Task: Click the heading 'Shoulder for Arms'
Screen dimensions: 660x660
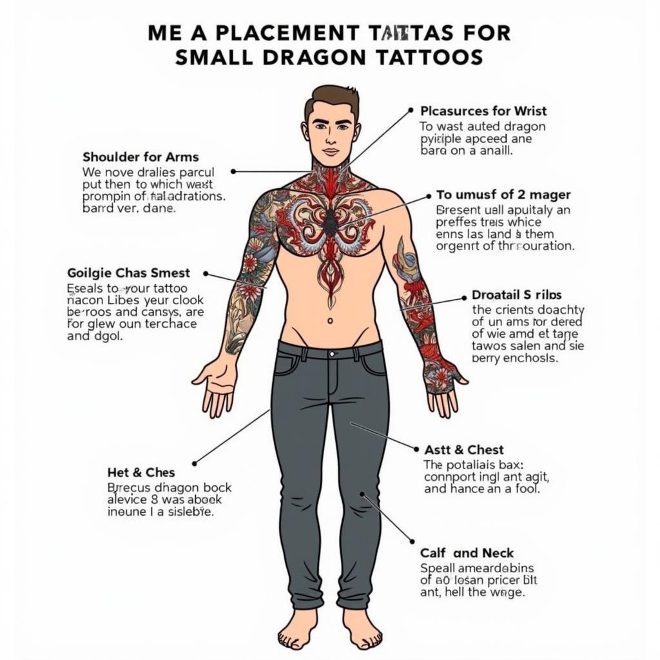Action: pyautogui.click(x=141, y=157)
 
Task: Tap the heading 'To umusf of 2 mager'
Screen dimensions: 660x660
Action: pyautogui.click(x=503, y=195)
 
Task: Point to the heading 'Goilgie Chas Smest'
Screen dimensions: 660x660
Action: pyautogui.click(x=128, y=273)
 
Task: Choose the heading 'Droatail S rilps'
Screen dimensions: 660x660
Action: pyautogui.click(x=516, y=296)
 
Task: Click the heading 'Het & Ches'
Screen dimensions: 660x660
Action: pyautogui.click(x=141, y=472)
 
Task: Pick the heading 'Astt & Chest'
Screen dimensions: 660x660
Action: pyautogui.click(x=464, y=450)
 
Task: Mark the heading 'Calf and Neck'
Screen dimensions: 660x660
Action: pyautogui.click(x=467, y=553)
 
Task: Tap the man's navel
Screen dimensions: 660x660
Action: pyautogui.click(x=330, y=320)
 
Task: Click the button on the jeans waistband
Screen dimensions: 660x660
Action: pyautogui.click(x=331, y=354)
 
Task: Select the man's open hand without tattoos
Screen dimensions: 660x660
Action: pyautogui.click(x=216, y=387)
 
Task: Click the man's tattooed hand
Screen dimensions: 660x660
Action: pyautogui.click(x=443, y=385)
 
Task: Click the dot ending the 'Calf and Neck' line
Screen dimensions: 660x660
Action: pyautogui.click(x=412, y=541)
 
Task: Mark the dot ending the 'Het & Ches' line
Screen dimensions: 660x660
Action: pyautogui.click(x=195, y=463)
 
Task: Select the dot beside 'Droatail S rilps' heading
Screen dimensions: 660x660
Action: pyautogui.click(x=464, y=298)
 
